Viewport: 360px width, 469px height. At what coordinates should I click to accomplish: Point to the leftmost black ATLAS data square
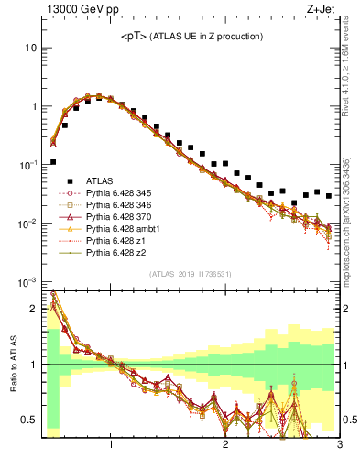53,161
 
